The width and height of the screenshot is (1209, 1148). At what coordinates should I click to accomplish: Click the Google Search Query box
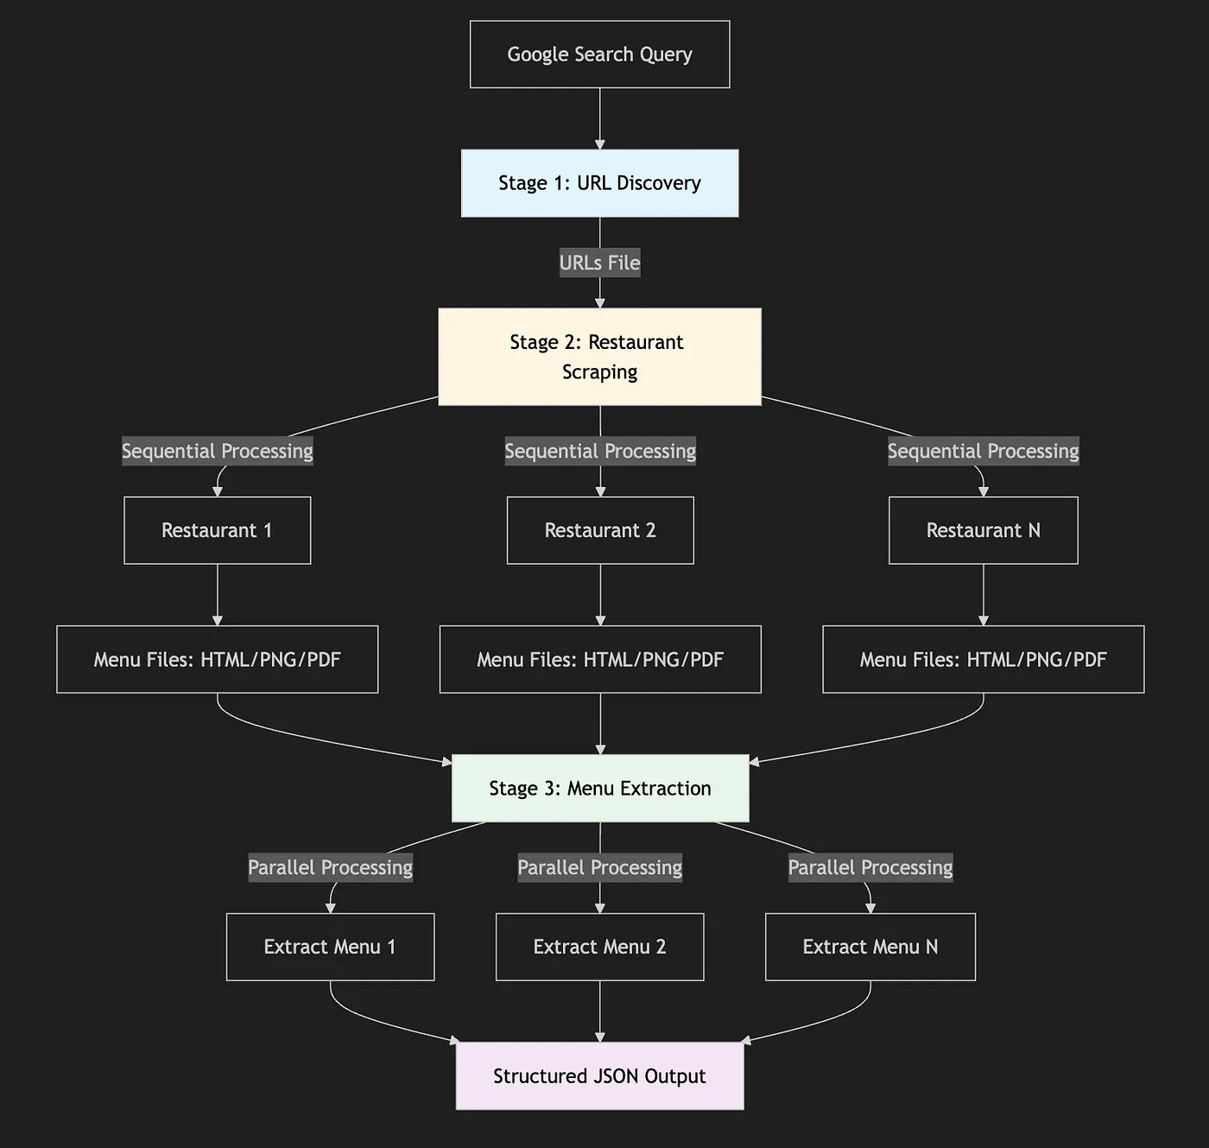point(599,54)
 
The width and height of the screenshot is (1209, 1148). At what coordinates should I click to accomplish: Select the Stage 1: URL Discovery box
point(599,183)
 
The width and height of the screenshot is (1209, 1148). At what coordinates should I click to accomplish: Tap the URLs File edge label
point(599,263)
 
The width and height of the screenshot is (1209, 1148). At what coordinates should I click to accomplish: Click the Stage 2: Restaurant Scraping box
point(599,357)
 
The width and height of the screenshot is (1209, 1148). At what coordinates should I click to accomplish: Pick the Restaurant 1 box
point(217,530)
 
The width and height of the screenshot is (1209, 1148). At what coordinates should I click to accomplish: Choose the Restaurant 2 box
point(599,530)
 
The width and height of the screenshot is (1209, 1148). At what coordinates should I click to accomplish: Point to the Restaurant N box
point(983,530)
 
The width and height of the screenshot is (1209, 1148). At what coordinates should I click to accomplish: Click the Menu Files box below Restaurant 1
point(217,659)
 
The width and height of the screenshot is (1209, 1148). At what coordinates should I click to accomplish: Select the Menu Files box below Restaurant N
point(983,659)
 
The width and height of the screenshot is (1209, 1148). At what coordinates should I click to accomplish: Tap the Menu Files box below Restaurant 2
point(599,659)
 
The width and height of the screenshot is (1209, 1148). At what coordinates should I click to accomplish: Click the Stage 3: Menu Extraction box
point(599,788)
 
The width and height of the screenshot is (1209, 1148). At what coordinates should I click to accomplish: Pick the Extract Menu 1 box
point(330,947)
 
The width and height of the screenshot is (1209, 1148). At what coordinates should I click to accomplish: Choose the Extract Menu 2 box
point(599,947)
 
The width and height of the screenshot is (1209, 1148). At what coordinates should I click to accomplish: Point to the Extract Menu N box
point(870,947)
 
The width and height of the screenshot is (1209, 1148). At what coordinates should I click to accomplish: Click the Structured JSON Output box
point(599,1075)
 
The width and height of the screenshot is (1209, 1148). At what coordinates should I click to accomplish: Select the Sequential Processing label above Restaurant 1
point(217,451)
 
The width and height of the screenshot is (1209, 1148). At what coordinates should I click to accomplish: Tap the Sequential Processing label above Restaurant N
point(983,451)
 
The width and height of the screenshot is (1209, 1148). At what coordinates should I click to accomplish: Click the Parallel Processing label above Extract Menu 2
point(599,867)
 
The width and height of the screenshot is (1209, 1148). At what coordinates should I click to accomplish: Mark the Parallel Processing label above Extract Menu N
point(870,867)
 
